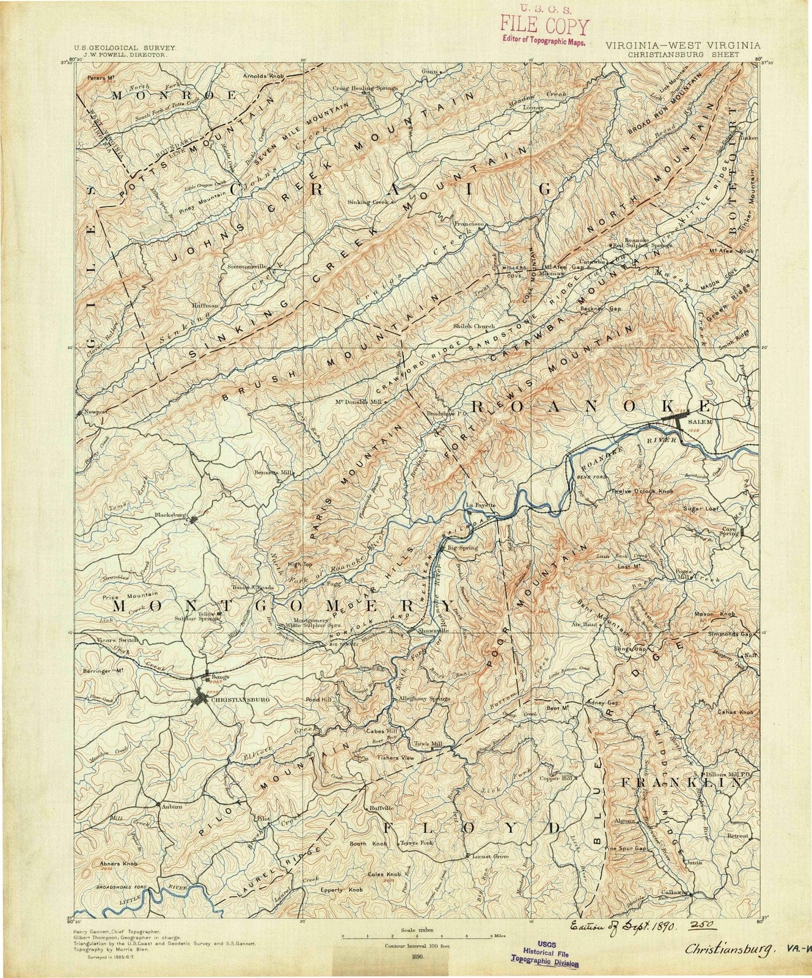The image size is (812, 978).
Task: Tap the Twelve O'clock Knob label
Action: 643,491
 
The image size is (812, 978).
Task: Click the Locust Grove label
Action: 491,856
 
